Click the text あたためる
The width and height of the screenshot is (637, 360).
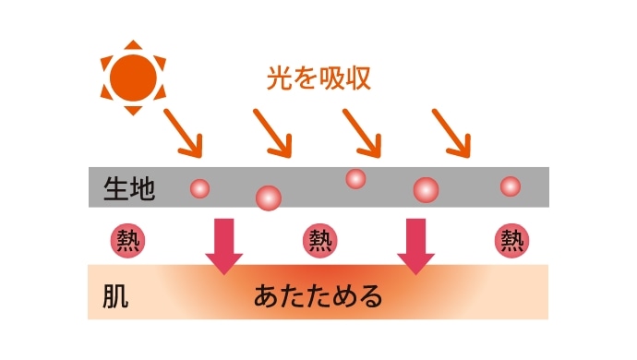point(318,297)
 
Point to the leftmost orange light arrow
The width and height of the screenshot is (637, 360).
point(183,132)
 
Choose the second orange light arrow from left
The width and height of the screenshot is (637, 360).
point(273,132)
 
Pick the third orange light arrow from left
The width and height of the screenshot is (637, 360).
point(362,132)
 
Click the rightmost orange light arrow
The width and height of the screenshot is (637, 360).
point(452,132)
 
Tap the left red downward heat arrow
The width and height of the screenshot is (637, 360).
point(223,246)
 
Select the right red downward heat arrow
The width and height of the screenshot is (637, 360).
point(415,246)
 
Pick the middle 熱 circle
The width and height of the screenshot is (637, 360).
point(318,241)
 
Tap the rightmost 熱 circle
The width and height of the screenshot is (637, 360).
point(511,241)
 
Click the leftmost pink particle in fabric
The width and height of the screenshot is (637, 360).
point(199,188)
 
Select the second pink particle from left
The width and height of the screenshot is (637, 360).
point(268,196)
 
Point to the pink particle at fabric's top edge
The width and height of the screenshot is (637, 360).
point(355,178)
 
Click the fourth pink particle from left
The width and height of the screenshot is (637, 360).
point(426,191)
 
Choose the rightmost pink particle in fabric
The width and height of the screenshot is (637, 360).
point(510,186)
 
